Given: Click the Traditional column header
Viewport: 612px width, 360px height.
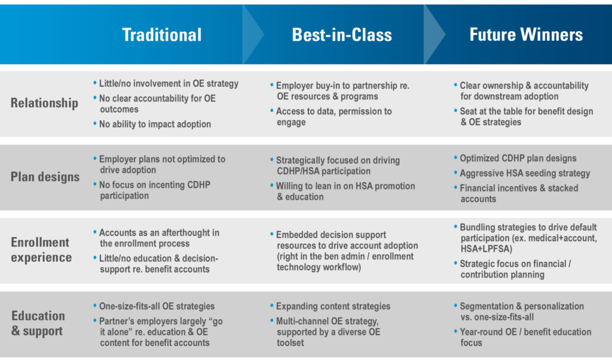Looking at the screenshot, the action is tap(161, 35).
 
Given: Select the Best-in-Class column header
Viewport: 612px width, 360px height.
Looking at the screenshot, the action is tap(342, 35).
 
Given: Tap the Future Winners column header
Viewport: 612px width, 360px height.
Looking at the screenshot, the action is tap(526, 34).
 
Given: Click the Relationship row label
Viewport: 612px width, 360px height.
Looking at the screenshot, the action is tap(44, 103).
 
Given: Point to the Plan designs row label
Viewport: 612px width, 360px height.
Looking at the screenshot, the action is tap(45, 177).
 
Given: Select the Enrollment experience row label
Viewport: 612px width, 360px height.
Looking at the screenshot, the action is tap(41, 250).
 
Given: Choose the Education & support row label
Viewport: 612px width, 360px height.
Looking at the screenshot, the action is tap(38, 324).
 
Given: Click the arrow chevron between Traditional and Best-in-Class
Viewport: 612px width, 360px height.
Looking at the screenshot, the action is tap(253, 34).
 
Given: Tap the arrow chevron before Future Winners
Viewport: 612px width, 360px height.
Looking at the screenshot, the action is tap(435, 34).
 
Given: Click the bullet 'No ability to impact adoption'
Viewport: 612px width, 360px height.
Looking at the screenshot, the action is tap(152, 124).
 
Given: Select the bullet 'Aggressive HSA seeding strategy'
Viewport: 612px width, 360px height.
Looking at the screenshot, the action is tap(522, 173).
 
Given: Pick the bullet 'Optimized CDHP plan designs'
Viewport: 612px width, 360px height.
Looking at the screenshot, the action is tap(515, 158).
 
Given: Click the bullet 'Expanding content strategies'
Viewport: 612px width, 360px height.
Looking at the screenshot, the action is tap(330, 307).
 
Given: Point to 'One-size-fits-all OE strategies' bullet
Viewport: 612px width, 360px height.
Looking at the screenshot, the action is tap(154, 307).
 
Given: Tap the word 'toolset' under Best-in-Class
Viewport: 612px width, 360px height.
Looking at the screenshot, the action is tap(290, 343).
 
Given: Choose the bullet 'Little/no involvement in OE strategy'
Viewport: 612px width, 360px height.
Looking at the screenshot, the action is tap(166, 84).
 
